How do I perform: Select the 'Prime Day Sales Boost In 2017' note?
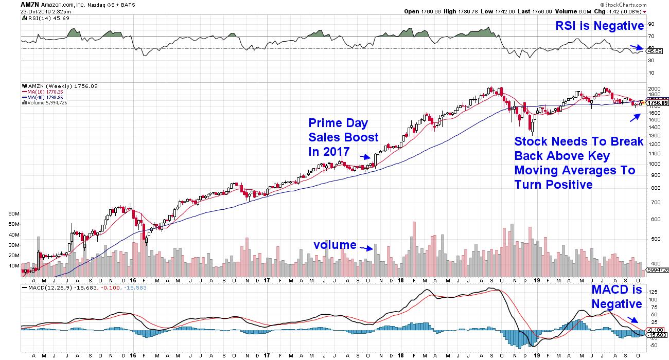point(343,137)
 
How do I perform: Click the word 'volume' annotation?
point(335,245)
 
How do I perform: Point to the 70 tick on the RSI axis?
point(652,37)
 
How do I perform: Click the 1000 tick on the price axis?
point(654,164)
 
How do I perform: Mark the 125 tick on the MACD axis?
point(653,292)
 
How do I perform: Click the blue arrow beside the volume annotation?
point(366,248)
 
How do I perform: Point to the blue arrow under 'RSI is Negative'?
point(637,47)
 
